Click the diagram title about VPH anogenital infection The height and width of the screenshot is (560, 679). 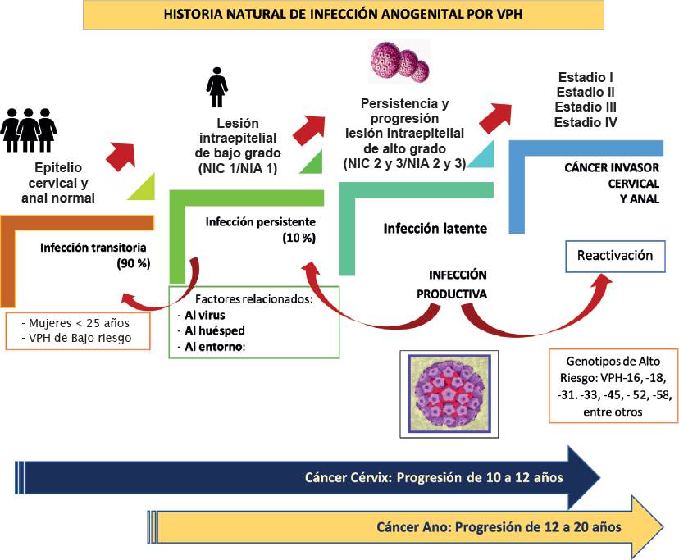coord(343,15)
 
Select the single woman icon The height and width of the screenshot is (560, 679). coord(216,81)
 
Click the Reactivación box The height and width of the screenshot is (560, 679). coord(615,256)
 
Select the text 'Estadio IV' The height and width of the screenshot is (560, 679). coord(586,122)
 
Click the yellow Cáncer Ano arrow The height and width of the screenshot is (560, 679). coord(410,526)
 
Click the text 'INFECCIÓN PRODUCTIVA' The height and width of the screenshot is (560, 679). coord(458,284)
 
